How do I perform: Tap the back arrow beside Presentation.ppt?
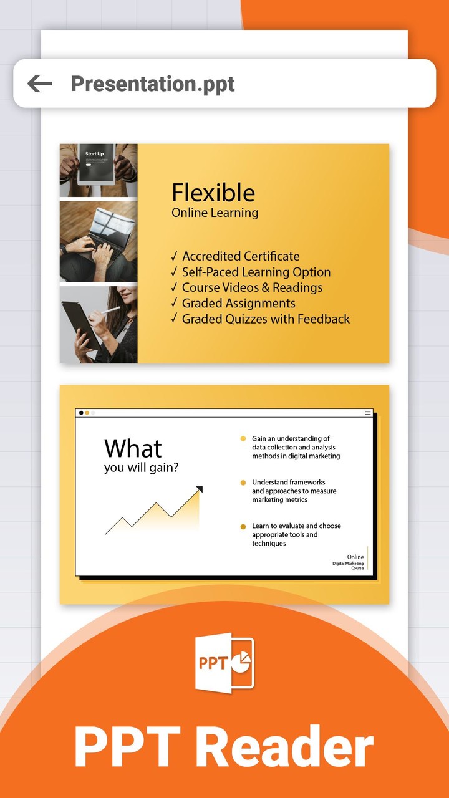(39, 84)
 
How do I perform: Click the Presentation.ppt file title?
(153, 84)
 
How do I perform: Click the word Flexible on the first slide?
(213, 193)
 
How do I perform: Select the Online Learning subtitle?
(215, 213)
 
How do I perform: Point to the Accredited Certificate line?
(240, 256)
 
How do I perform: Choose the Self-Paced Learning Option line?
(256, 272)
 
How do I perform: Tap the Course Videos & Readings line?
(252, 287)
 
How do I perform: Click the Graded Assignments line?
(238, 303)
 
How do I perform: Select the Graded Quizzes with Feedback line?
(266, 319)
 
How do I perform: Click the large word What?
(133, 448)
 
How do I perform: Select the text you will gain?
(141, 468)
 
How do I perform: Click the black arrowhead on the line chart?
(200, 489)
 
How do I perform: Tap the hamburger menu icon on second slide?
(368, 413)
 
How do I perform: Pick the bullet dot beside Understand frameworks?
(243, 483)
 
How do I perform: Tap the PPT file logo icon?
(224, 662)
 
